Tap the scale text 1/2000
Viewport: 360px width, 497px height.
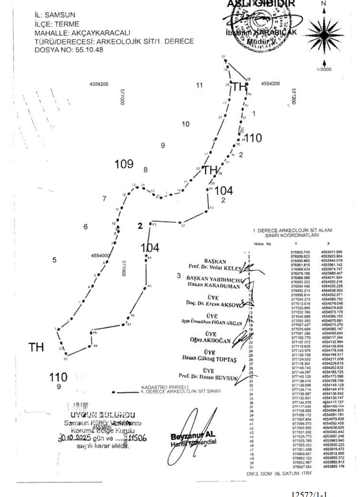pyautogui.click(x=324, y=70)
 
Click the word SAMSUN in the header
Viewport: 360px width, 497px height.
pyautogui.click(x=60, y=15)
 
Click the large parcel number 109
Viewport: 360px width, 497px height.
pyautogui.click(x=124, y=164)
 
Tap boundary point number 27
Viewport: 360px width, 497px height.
pyautogui.click(x=224, y=56)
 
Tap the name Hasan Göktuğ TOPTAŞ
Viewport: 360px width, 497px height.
pyautogui.click(x=209, y=359)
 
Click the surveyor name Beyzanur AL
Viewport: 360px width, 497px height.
pyautogui.click(x=193, y=436)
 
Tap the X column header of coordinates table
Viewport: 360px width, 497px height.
pyautogui.click(x=328, y=244)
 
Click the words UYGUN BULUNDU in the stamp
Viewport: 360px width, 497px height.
pyautogui.click(x=103, y=415)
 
